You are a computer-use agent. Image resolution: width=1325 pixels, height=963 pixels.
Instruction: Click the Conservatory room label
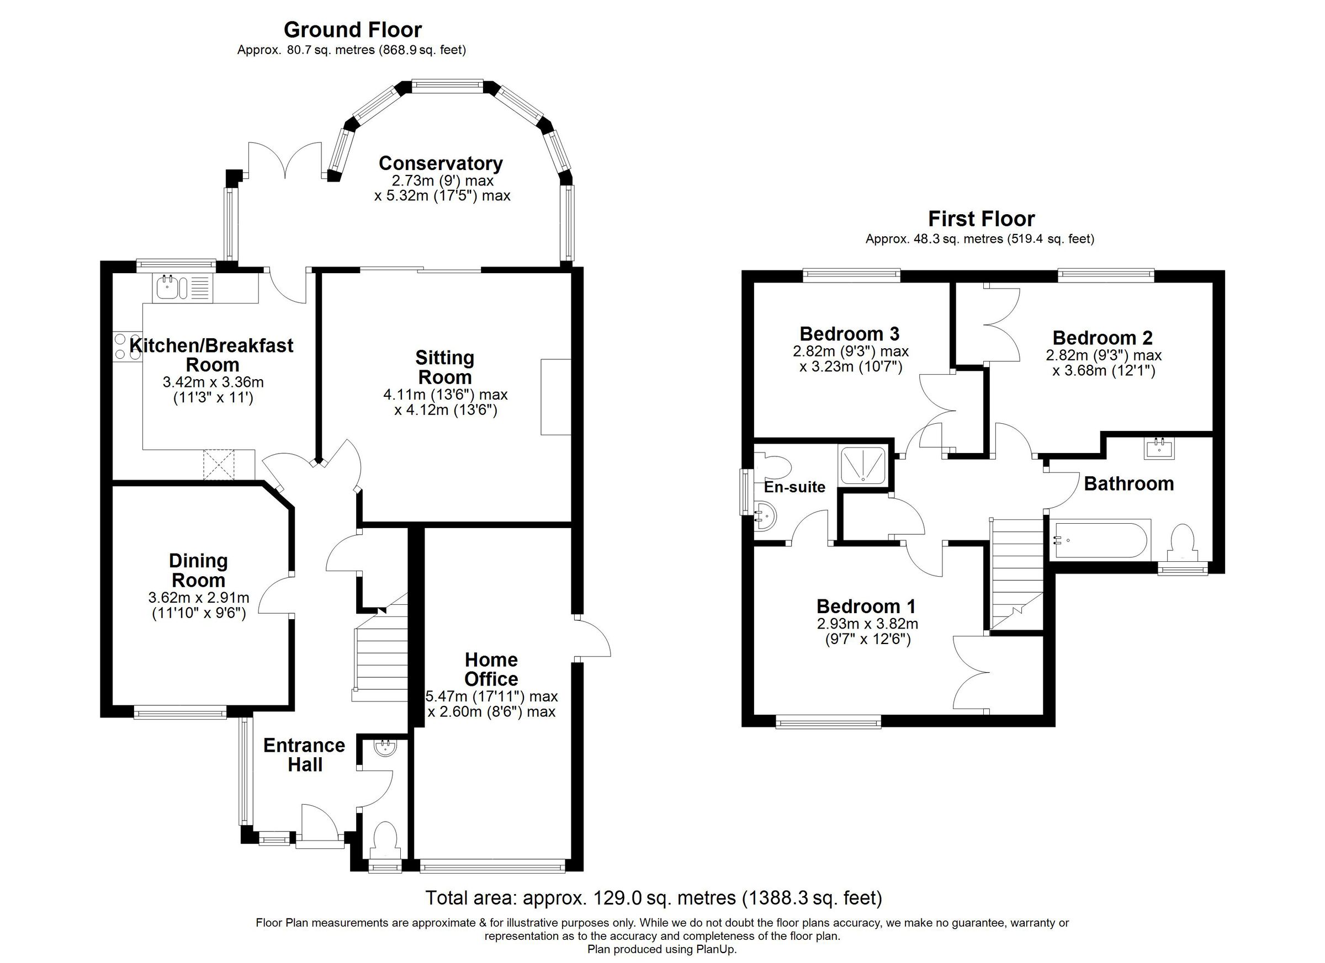tap(441, 163)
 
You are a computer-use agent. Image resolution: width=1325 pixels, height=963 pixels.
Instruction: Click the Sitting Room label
tap(444, 367)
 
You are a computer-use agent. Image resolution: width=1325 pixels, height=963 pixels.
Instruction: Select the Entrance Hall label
tap(304, 754)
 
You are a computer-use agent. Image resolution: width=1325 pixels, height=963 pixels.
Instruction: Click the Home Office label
tap(491, 669)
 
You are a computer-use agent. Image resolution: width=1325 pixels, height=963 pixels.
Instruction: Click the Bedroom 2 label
tap(1102, 338)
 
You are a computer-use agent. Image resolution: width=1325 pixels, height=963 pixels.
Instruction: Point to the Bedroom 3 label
tap(849, 333)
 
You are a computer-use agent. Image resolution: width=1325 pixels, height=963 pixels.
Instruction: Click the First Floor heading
tap(981, 219)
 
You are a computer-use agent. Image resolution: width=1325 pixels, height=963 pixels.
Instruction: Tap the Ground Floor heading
tap(352, 29)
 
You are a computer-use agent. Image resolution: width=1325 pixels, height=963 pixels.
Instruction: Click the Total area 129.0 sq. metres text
tap(653, 897)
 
